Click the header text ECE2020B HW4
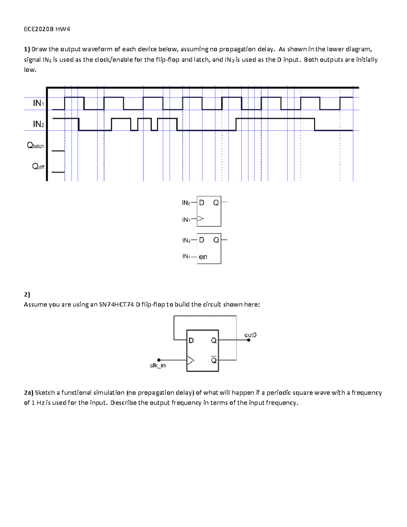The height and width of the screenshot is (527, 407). coord(47,29)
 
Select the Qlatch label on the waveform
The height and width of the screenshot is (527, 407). coord(36,146)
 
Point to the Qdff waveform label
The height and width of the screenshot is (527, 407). coord(38,166)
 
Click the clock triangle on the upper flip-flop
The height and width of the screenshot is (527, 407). coord(200,219)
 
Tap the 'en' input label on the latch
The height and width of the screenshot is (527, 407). coord(203,257)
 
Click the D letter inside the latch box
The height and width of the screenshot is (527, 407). coord(201,240)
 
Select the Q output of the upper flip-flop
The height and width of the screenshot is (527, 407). coord(216,203)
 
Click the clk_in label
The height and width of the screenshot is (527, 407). coord(158,365)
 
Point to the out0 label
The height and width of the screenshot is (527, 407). coord(250,335)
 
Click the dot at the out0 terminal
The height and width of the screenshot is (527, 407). coord(249,340)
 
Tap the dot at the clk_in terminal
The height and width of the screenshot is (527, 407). coord(159,360)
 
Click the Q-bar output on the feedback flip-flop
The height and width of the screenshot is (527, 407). coord(214,360)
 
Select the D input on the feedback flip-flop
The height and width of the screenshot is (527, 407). coord(191,340)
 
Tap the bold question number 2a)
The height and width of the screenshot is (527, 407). coord(28,393)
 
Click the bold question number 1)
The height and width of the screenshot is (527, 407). coord(27,49)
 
